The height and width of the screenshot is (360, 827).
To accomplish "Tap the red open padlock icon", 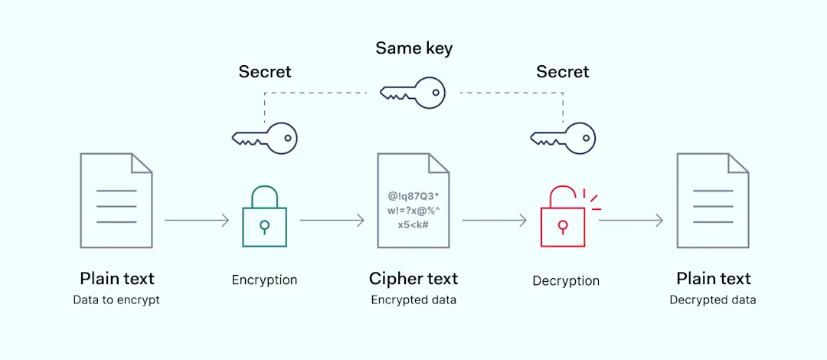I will click(564, 221).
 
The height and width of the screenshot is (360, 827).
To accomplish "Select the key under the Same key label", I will click(413, 93).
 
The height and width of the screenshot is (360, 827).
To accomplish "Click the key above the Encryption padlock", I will click(265, 139).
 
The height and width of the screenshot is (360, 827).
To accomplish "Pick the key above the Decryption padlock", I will click(563, 139).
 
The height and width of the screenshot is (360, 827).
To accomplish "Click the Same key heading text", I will click(413, 49).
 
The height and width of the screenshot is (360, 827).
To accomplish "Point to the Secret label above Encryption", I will click(265, 72).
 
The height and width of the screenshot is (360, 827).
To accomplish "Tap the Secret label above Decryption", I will click(563, 72).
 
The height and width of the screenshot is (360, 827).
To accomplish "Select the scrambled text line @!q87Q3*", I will click(413, 196).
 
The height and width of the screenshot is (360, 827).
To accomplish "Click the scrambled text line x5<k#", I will click(413, 224).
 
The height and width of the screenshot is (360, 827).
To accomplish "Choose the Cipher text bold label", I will click(413, 279).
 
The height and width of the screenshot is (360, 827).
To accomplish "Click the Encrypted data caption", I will click(413, 300).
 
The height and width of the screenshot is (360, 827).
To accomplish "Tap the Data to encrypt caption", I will click(116, 300).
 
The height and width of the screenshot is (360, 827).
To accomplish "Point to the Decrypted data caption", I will click(713, 300).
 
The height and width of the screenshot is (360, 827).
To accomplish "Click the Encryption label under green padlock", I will click(265, 280).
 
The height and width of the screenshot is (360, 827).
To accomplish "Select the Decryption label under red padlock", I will click(566, 281).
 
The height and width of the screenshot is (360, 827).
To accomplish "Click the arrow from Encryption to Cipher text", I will click(332, 221).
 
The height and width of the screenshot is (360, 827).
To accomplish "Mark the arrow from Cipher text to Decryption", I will click(495, 221).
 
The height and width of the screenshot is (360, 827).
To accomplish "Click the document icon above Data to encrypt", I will click(116, 200).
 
